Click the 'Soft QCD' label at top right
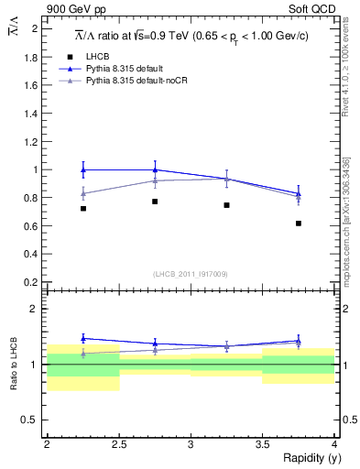pyautogui.click(x=311, y=10)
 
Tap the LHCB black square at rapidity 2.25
pyautogui.click(x=83, y=209)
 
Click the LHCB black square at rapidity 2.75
pyautogui.click(x=155, y=202)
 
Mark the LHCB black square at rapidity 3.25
pyautogui.click(x=226, y=205)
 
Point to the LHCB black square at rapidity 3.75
pyautogui.click(x=299, y=224)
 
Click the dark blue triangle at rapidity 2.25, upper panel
pyautogui.click(x=83, y=169)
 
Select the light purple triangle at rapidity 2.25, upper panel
pyautogui.click(x=83, y=193)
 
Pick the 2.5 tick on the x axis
pyautogui.click(x=119, y=444)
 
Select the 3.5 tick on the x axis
pyautogui.click(x=263, y=444)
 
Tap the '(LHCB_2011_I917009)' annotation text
pyautogui.click(x=191, y=274)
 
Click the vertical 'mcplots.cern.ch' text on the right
pyautogui.click(x=348, y=229)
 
